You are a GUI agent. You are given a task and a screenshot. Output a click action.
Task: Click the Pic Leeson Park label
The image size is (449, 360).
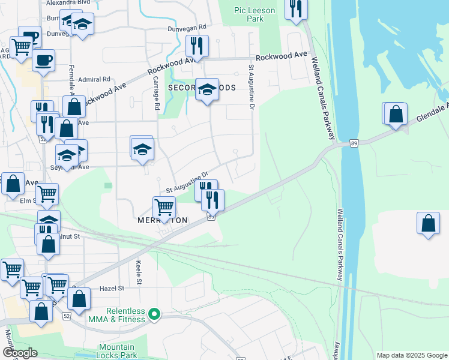click(x=255, y=14)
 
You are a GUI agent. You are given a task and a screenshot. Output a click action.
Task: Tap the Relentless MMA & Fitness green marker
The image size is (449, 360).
click(x=154, y=314)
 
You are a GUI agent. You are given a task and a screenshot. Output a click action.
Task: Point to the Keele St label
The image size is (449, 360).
click(x=138, y=272)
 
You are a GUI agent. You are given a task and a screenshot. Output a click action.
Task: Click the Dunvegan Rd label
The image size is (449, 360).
click(x=185, y=27)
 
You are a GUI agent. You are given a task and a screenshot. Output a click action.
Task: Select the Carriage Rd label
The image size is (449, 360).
click(x=156, y=93)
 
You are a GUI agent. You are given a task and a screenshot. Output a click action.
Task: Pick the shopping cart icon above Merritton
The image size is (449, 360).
click(x=164, y=207)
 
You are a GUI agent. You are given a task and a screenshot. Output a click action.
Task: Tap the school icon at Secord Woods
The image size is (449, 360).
click(x=207, y=89)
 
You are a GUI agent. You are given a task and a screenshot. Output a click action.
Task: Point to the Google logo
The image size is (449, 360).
click(x=20, y=353)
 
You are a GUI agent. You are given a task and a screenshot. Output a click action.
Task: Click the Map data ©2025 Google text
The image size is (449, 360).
click(x=411, y=355)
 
